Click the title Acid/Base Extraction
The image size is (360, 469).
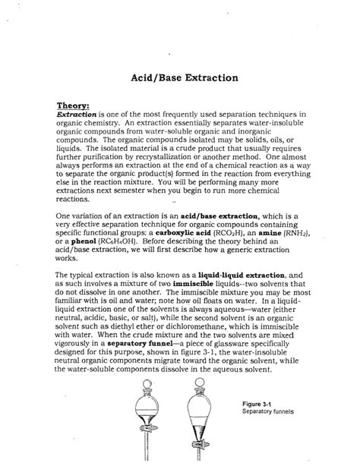tap(181, 77)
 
